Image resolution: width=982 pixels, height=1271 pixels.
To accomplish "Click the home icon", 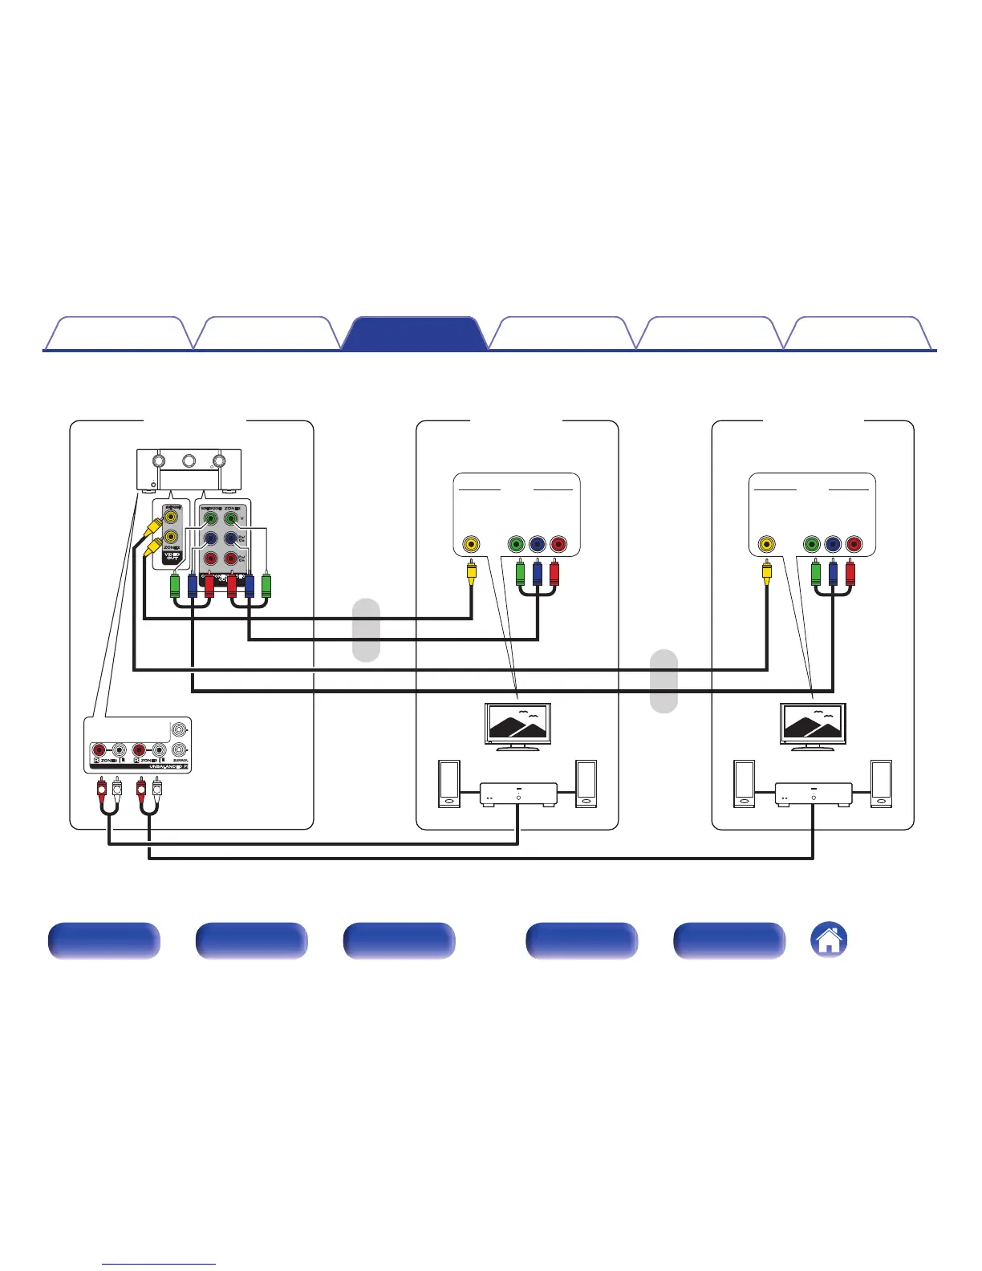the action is tap(830, 940).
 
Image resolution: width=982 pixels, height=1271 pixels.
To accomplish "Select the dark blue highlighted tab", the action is tap(414, 334).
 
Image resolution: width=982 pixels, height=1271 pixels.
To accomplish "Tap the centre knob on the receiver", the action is tap(189, 461).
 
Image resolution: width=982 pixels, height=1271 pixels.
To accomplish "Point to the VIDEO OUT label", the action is tap(171, 555).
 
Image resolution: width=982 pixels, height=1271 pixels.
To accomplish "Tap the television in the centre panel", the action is tap(518, 725).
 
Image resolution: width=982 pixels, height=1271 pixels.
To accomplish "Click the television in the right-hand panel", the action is tap(814, 725).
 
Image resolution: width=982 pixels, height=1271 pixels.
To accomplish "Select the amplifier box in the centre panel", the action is tap(518, 794).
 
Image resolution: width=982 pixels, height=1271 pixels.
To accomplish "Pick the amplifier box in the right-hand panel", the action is tap(814, 794).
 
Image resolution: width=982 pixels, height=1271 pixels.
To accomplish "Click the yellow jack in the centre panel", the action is tap(471, 545).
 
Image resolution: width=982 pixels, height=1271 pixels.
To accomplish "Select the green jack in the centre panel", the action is tap(517, 545).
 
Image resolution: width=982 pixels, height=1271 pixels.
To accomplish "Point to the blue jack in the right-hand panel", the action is tap(833, 545).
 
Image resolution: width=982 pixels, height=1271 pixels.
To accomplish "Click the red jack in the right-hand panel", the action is tap(854, 545).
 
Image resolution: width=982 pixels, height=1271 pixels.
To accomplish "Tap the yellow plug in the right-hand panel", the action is tap(767, 573).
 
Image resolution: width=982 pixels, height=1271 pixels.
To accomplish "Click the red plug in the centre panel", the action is tap(554, 575).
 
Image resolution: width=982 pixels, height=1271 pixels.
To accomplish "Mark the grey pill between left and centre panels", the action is tap(367, 630).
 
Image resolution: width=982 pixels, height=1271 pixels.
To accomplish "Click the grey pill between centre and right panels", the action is tap(663, 680).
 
